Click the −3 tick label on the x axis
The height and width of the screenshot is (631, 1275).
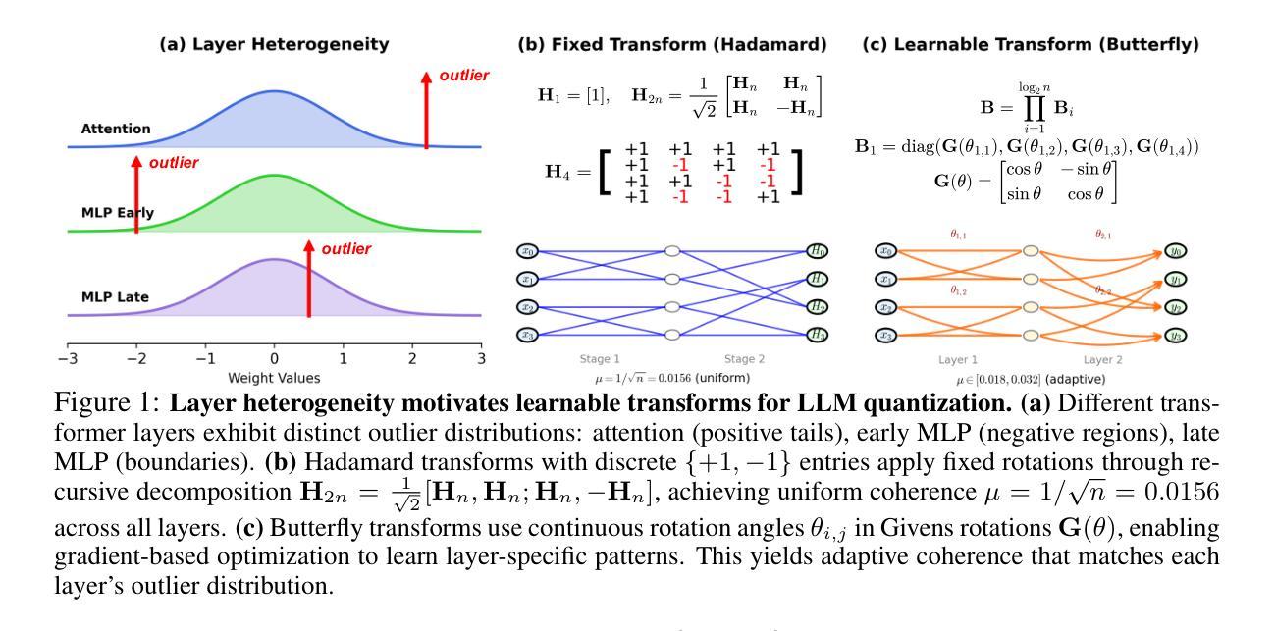[66, 359]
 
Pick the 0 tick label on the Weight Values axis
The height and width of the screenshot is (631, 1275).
[274, 359]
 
